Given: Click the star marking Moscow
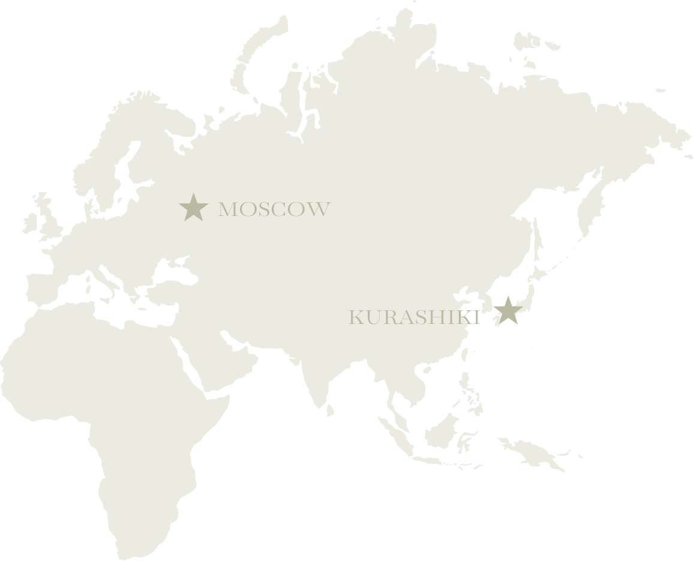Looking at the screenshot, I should (193, 208).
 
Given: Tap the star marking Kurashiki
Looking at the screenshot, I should (507, 311).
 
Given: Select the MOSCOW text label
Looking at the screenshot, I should (274, 209).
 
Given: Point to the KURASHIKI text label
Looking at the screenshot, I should (414, 317).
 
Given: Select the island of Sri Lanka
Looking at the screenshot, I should (330, 409).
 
